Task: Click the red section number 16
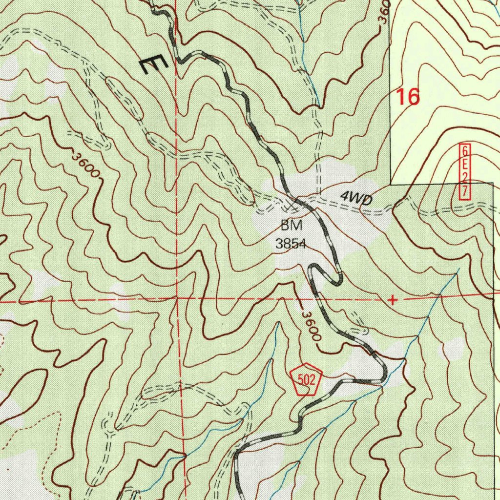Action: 408,97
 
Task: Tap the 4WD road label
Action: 356,198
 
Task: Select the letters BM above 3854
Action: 292,226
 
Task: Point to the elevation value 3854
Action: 291,244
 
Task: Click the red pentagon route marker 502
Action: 306,379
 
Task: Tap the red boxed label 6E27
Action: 464,171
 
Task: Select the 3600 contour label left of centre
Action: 86,167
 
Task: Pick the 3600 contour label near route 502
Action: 311,326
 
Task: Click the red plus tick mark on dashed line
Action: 392,299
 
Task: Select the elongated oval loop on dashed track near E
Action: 124,97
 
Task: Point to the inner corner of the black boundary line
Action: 391,184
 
